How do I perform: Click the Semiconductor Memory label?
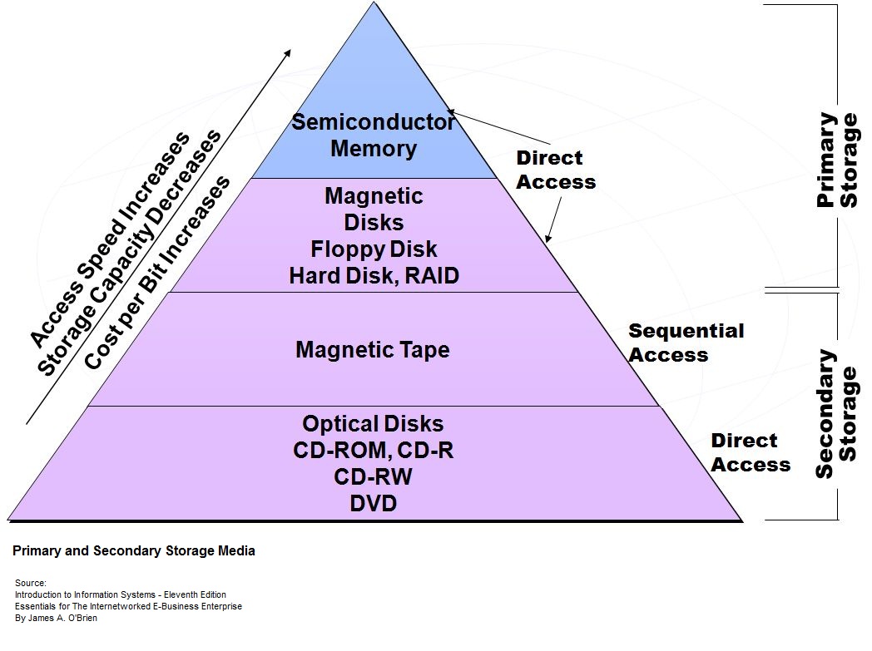(x=373, y=136)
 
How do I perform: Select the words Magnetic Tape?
(x=372, y=349)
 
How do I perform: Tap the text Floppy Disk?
(x=374, y=249)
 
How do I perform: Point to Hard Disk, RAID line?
(x=374, y=276)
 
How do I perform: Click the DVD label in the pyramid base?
(x=374, y=503)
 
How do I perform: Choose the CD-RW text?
(x=374, y=476)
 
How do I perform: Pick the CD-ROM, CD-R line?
(x=374, y=450)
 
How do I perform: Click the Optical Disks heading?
(x=373, y=423)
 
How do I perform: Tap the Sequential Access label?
(x=686, y=343)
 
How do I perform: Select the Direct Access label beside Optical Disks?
(x=750, y=452)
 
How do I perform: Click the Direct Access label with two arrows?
(x=556, y=170)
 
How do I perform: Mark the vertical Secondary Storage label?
(x=835, y=414)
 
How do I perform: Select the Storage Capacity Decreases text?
(x=131, y=254)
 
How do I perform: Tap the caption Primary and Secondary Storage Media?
(x=134, y=551)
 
